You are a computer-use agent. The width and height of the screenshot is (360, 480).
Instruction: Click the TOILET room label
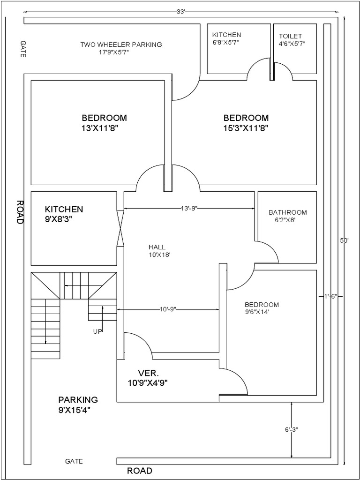pos(291,36)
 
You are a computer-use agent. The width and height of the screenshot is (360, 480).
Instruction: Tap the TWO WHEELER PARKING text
pos(121,45)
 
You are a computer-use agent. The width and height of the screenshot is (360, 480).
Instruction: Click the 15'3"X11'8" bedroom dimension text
pos(246,127)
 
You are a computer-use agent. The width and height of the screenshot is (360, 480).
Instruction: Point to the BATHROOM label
pos(288,212)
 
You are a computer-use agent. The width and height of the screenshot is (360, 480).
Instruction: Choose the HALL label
pos(157,247)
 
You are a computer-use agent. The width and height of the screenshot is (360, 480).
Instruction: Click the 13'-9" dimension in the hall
pos(190,207)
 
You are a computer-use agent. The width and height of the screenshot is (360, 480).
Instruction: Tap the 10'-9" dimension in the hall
pos(168,309)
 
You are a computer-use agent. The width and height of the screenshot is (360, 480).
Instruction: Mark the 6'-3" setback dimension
pos(291,429)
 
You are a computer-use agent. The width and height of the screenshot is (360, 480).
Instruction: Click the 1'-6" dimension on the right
pos(330,296)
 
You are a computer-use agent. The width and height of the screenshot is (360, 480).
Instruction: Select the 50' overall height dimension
pos(345,240)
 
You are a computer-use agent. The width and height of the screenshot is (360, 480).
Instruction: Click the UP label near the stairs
pos(97,331)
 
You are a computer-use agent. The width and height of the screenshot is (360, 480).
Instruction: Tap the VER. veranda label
pos(149,373)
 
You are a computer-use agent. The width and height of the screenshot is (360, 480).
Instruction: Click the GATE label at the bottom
pos(74,461)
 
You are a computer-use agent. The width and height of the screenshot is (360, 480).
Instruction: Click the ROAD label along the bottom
pos(140,471)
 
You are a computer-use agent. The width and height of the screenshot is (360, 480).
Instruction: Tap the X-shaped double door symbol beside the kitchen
pos(120,228)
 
